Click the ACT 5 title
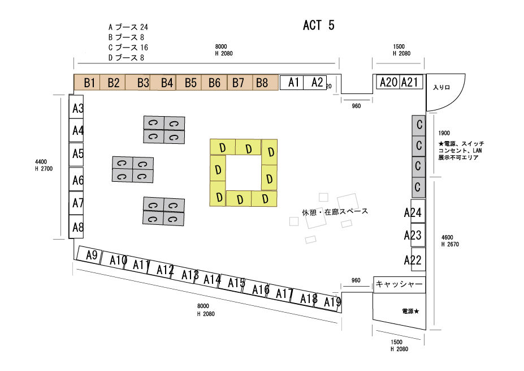click(319, 25)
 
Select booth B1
click(89, 83)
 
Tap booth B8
click(262, 83)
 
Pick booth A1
click(293, 82)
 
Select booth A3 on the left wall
click(77, 108)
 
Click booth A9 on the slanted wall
click(91, 255)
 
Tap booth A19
click(332, 302)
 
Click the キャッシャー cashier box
click(399, 285)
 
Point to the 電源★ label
click(410, 312)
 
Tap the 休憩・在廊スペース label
click(335, 212)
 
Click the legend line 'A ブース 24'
click(128, 27)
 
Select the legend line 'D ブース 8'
click(126, 57)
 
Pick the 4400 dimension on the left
click(41, 161)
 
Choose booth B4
click(167, 83)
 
